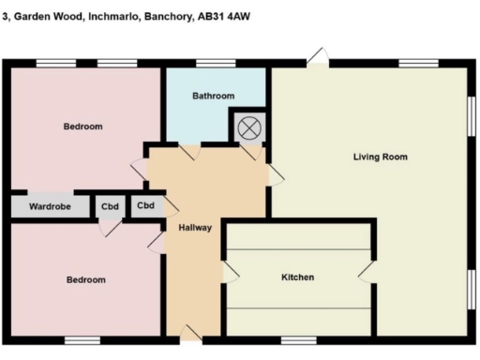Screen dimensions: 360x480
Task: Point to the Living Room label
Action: click(x=380, y=157)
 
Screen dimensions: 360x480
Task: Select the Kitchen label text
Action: click(x=297, y=277)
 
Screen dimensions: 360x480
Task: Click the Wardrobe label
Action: click(x=50, y=205)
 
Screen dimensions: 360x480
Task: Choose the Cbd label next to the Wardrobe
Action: click(x=110, y=205)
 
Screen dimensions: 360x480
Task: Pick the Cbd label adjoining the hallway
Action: click(x=145, y=205)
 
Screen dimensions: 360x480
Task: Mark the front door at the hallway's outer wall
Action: click(x=191, y=333)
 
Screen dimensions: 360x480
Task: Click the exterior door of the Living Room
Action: click(x=320, y=57)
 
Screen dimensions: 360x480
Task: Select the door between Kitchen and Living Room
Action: click(x=367, y=272)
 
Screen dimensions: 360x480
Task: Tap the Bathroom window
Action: click(x=216, y=64)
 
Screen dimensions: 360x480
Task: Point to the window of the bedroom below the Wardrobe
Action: click(x=81, y=339)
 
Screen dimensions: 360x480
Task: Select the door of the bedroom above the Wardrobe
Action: click(x=140, y=170)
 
